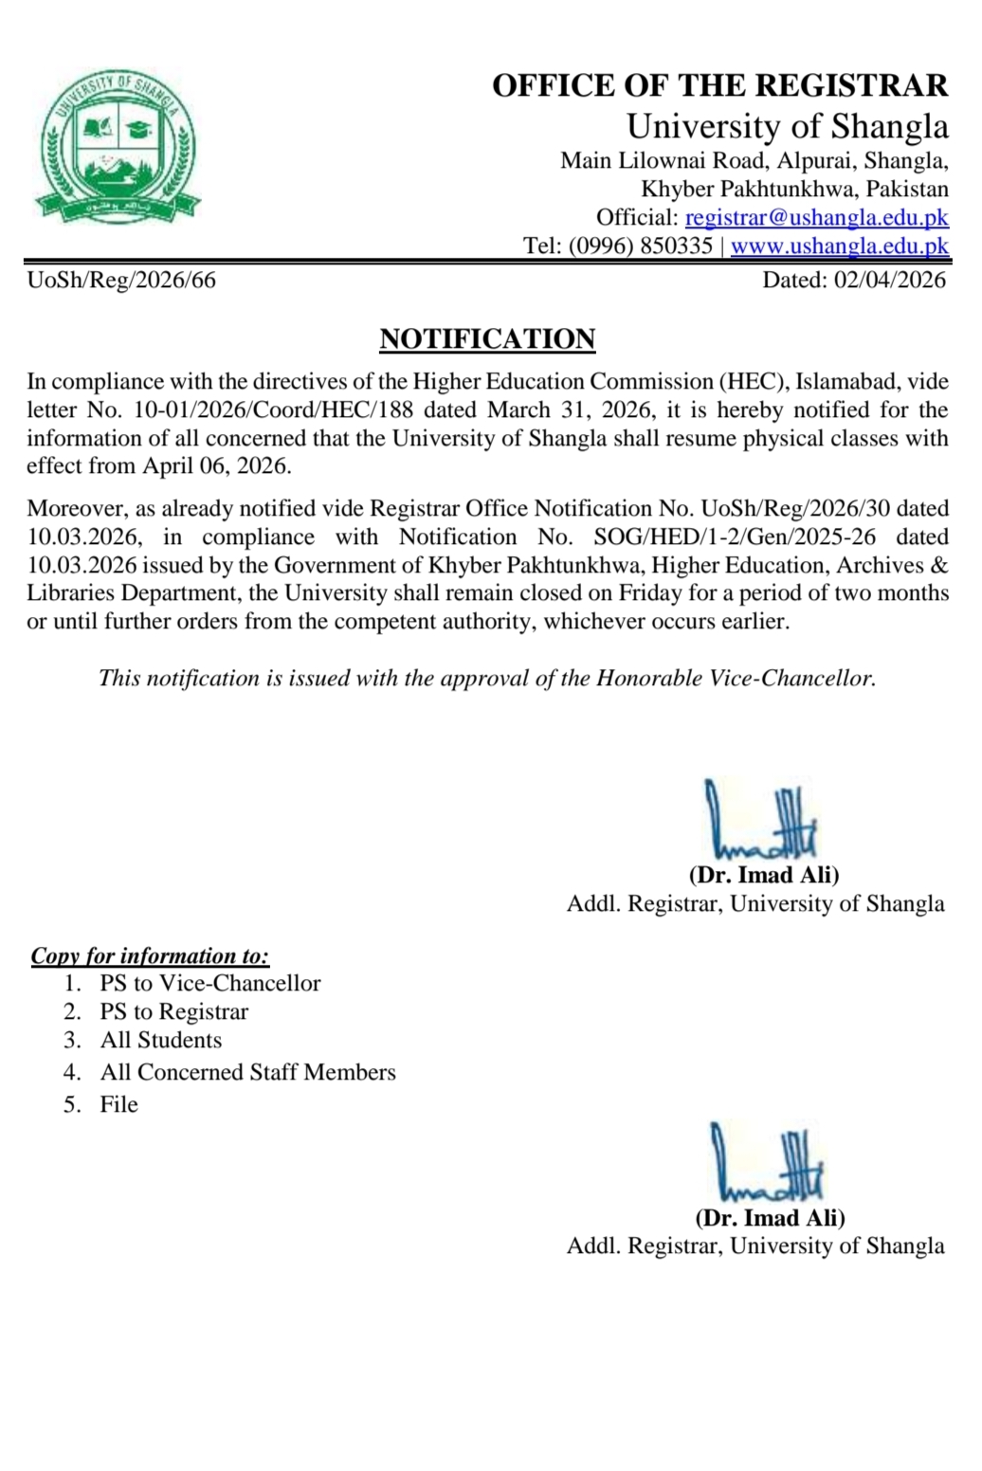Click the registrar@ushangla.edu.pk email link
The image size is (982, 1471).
816,217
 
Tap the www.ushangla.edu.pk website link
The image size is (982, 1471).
839,246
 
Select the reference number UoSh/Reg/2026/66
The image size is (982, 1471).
121,280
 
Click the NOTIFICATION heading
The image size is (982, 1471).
487,339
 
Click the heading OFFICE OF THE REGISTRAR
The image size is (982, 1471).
719,85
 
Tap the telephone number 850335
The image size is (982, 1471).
676,246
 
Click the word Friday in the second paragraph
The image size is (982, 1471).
650,593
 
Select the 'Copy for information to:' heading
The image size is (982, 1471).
150,955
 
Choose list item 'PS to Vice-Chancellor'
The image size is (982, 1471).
210,984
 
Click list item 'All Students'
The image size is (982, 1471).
161,1041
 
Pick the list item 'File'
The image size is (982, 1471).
119,1105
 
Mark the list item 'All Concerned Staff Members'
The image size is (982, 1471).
248,1073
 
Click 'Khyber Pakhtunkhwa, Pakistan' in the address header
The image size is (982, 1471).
794,189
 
